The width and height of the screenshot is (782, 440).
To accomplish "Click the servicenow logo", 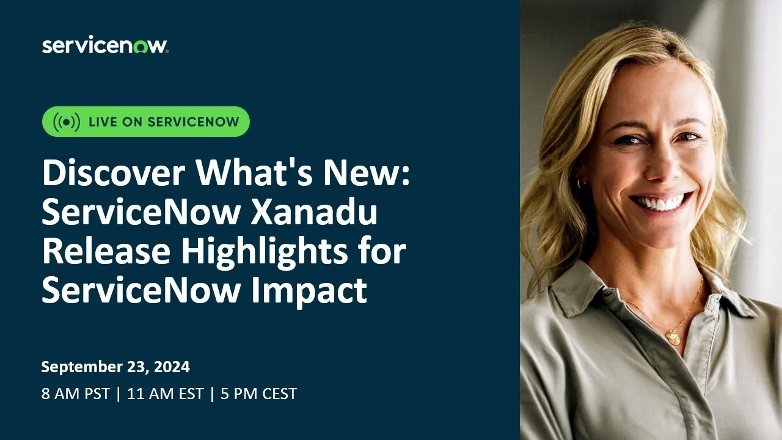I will [104, 46].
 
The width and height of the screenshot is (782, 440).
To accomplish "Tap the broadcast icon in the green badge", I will [66, 122].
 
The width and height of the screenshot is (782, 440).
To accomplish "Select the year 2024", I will [173, 367].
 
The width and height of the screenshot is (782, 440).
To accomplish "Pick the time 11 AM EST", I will [165, 394].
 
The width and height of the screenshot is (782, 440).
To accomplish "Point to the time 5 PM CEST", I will [258, 394].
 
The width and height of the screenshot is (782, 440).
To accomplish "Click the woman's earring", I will [580, 183].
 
